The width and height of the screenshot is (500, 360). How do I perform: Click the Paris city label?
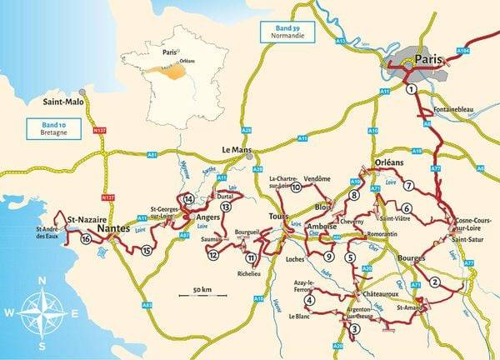coord(426,60)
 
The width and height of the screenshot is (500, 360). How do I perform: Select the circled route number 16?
coord(86,239)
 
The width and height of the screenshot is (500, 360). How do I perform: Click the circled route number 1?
coord(411,90)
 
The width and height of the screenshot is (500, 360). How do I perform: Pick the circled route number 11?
coord(250,258)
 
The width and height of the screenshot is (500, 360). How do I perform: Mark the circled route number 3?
coord(353,329)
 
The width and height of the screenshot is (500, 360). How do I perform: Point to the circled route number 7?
coord(409,185)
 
